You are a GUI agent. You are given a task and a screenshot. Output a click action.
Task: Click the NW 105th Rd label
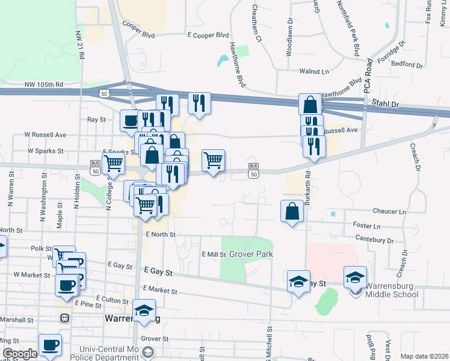(44, 85)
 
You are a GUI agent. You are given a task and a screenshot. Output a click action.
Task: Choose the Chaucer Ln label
(389, 212)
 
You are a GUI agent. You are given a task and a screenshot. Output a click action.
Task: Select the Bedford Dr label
(407, 64)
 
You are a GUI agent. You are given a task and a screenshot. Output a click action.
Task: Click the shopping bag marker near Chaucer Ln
(292, 211)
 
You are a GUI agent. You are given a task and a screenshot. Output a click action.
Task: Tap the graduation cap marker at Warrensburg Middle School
(355, 277)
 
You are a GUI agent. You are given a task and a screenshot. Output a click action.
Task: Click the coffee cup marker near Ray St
(131, 120)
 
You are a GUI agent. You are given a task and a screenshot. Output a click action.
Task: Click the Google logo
(19, 354)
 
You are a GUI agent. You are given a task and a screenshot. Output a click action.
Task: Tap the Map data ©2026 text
(425, 357)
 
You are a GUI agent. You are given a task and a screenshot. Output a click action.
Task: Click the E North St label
(160, 235)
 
